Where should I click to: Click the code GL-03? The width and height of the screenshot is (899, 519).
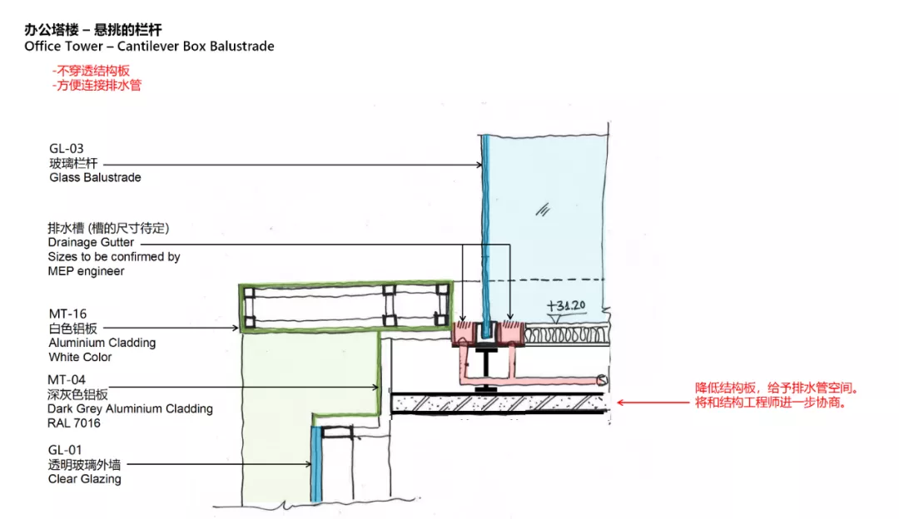point(67,149)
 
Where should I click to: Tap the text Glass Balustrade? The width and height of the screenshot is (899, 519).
point(95,177)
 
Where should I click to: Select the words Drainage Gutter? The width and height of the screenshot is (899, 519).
point(91,243)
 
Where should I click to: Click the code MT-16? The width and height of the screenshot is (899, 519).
point(66,314)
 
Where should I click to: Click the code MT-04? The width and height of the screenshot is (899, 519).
point(66,379)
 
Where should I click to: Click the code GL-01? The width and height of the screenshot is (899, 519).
point(66,450)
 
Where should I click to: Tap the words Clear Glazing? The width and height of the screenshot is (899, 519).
point(85,479)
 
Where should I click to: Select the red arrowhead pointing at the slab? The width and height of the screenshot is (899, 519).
point(621,403)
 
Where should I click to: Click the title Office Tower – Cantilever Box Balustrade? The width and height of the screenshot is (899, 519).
point(149,46)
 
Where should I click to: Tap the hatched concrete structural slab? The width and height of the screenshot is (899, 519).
point(499,403)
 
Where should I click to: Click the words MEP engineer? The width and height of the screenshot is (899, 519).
point(86,271)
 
